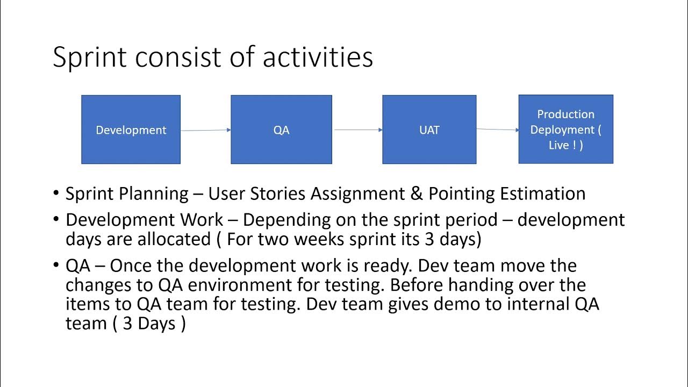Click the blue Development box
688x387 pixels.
coord(131,130)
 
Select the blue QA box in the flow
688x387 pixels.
coord(281,130)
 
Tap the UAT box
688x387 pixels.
coord(429,130)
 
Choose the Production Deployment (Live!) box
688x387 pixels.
coord(565,130)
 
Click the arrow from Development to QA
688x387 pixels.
coord(205,130)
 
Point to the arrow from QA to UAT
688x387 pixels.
coord(357,130)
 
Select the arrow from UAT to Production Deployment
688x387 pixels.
coord(497,129)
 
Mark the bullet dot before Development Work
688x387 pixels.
coord(56,220)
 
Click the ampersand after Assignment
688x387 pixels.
coord(417,193)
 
